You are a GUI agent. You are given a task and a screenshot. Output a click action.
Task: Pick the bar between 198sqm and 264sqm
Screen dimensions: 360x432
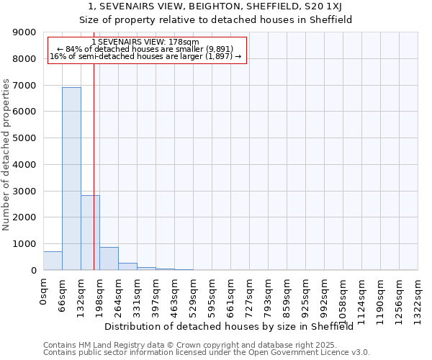pos(109,258)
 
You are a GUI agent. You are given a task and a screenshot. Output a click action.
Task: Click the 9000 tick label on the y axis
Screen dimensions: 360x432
pos(24,32)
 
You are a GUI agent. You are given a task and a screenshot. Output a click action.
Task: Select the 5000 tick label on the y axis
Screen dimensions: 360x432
pos(24,138)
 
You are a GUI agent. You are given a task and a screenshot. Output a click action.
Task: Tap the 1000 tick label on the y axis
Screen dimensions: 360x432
pos(24,244)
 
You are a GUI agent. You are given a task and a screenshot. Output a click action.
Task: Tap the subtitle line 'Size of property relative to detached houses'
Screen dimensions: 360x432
pos(215,20)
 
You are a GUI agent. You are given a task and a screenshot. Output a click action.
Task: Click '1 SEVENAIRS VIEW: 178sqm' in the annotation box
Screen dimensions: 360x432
pos(146,42)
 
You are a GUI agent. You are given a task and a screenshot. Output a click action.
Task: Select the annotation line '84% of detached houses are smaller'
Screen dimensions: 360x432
pos(146,49)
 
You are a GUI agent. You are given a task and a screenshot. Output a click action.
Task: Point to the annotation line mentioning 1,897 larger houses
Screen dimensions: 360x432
pos(146,56)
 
